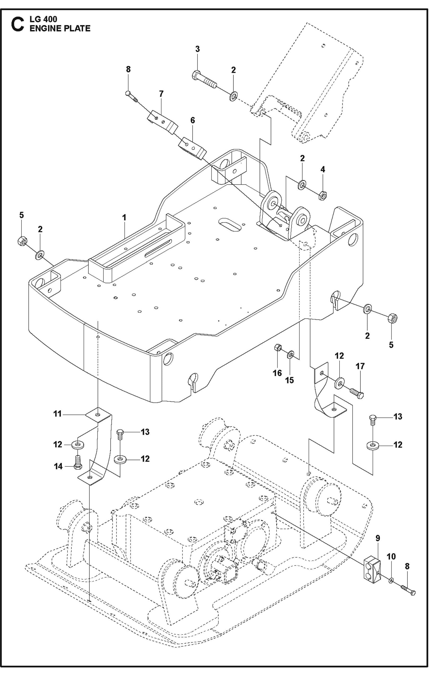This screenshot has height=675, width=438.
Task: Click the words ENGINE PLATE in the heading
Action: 60,28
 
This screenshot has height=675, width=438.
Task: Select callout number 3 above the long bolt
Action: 197,49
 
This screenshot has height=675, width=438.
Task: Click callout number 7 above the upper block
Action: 161,94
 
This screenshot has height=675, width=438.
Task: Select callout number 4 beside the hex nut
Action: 323,169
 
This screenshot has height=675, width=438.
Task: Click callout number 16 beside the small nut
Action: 277,373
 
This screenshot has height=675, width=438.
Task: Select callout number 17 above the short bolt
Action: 360,366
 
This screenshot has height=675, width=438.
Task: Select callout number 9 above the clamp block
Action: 378,538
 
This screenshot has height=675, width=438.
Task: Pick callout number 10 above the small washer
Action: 391,557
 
